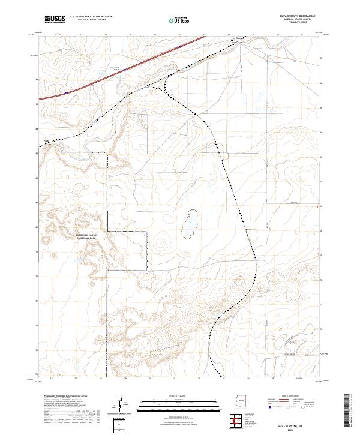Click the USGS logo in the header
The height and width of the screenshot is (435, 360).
pyautogui.click(x=55, y=19)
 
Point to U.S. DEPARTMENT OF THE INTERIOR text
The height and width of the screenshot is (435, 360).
pyautogui.click(x=91, y=17)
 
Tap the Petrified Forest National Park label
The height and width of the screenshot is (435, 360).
pyautogui.click(x=91, y=236)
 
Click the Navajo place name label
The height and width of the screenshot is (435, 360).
pyautogui.click(x=239, y=38)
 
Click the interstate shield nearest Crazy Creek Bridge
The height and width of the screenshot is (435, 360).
pyautogui.click(x=125, y=70)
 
